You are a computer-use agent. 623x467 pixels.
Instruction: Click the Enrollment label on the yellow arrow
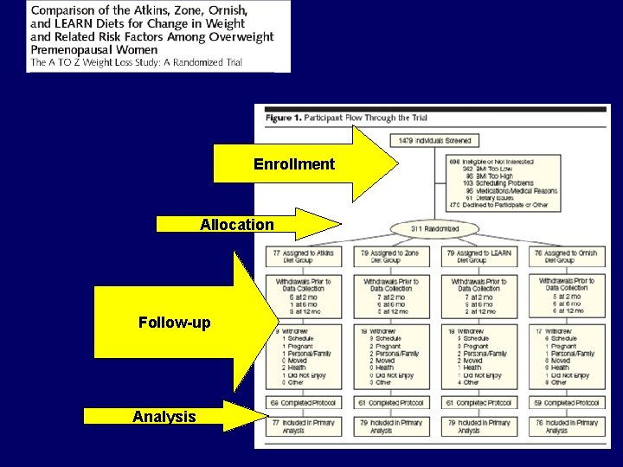(293, 164)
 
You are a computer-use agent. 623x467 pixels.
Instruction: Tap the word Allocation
(236, 225)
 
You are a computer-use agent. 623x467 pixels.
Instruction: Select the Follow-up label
(174, 323)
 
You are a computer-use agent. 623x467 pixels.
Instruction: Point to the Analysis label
(164, 417)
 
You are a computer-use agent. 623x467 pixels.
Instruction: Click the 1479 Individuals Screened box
(435, 140)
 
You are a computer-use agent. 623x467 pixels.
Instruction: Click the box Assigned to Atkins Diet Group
(303, 257)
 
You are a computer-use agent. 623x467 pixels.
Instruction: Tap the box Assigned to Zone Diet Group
(391, 257)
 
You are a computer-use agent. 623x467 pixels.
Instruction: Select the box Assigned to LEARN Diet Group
(478, 257)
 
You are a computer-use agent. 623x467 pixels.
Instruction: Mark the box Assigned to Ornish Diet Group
(566, 257)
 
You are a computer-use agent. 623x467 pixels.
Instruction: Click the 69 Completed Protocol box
(303, 403)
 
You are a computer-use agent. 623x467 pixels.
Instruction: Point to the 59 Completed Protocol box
(566, 403)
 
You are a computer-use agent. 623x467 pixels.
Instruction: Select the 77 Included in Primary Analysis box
(303, 426)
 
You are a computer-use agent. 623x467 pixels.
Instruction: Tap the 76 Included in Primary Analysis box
(566, 426)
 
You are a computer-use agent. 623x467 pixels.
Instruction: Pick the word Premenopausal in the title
(72, 49)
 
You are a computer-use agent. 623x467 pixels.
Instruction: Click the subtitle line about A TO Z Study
(137, 62)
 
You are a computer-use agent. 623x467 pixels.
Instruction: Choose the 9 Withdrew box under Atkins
(303, 357)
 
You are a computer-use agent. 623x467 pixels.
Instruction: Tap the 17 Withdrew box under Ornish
(566, 357)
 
